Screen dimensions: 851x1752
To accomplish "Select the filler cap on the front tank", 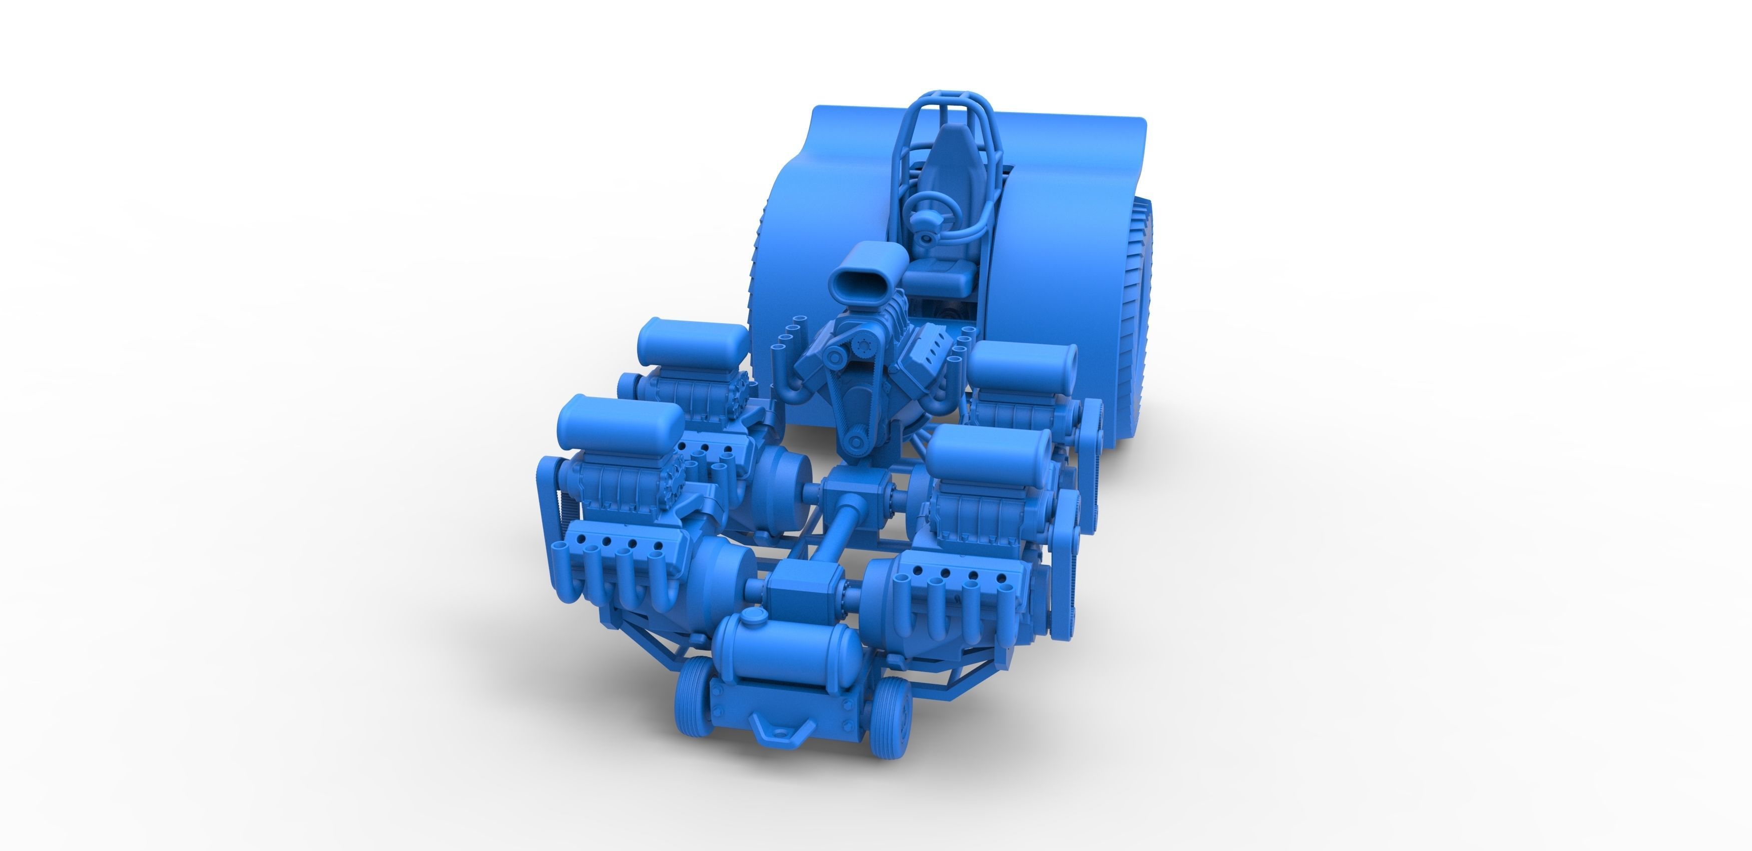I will pyautogui.click(x=751, y=618).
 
